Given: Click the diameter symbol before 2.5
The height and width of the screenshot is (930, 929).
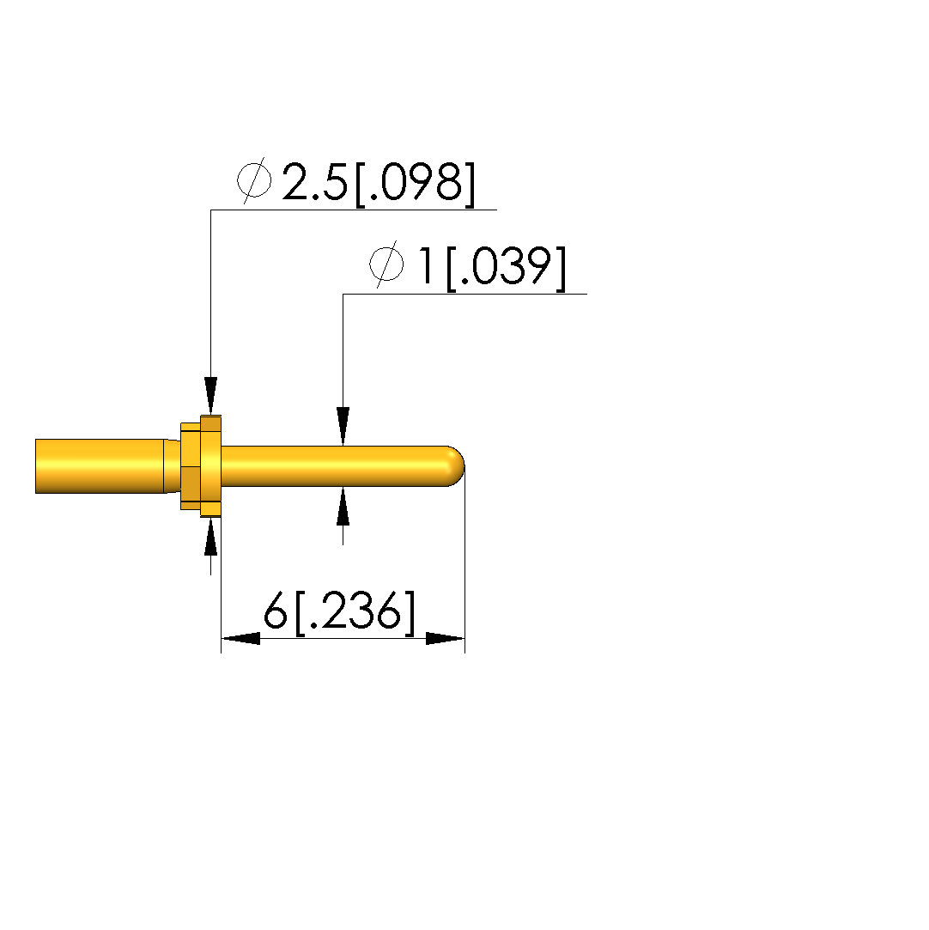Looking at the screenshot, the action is click(x=254, y=180).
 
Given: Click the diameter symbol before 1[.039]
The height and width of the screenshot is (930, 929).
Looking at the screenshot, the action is click(x=386, y=264).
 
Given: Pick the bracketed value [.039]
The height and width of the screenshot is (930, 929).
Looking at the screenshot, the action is click(x=506, y=268).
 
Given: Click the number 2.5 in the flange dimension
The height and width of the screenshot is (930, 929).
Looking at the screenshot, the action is click(x=315, y=181).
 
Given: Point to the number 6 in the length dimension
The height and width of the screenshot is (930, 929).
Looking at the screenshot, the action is click(x=275, y=611).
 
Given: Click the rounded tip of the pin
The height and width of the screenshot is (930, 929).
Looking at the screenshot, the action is click(x=455, y=466).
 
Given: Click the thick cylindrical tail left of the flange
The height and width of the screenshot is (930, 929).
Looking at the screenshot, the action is click(x=100, y=466).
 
